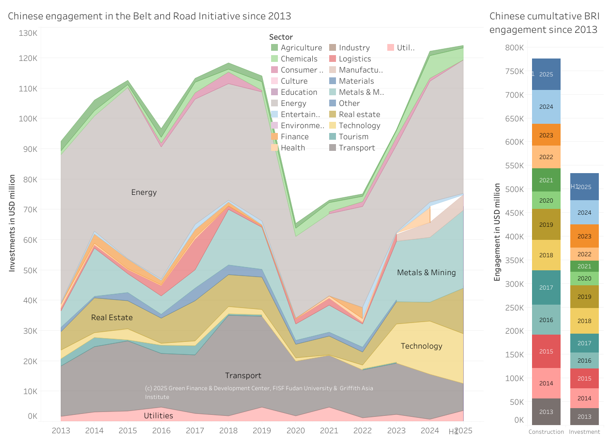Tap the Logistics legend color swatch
click(x=333, y=59)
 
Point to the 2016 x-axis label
click(x=161, y=430)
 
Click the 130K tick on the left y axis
click(x=28, y=33)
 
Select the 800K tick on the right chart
click(x=514, y=48)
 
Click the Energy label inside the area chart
click(x=144, y=192)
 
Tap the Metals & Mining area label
click(x=426, y=273)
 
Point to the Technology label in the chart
click(x=421, y=346)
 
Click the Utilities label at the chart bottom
click(x=158, y=416)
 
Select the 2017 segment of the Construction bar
click(x=546, y=288)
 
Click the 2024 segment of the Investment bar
click(x=584, y=212)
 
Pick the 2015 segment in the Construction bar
click(x=546, y=352)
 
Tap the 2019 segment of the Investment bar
click(x=584, y=297)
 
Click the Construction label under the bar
click(x=546, y=432)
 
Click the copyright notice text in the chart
click(x=259, y=392)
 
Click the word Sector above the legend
click(x=281, y=37)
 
